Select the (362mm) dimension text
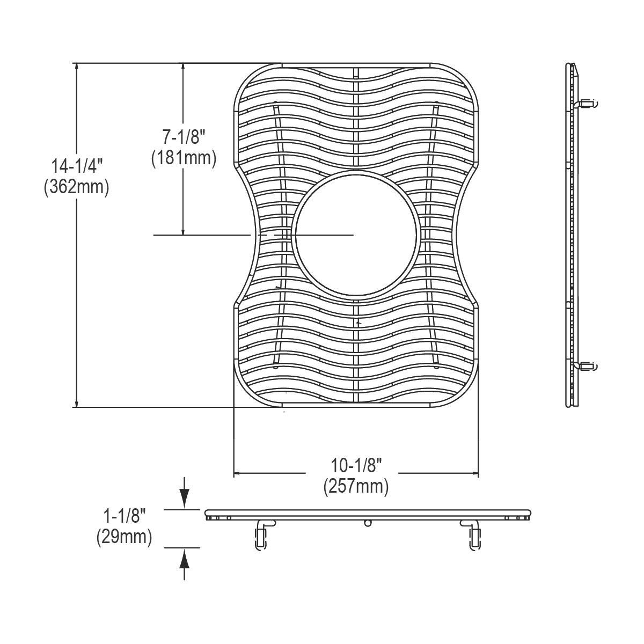77,187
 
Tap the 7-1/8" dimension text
184,137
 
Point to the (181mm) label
184,158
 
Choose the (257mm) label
356,487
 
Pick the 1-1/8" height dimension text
125,516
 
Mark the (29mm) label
124,537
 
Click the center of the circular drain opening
354,235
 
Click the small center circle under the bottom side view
368,523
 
